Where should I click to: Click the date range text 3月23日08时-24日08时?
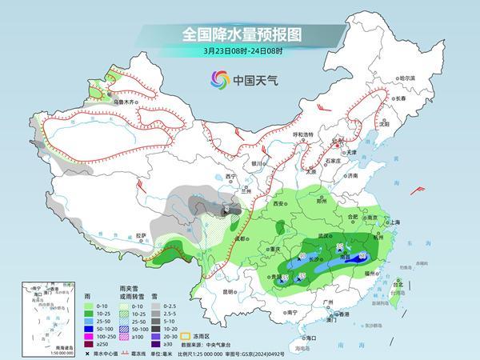click(239, 52)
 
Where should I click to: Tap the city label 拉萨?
click(141, 235)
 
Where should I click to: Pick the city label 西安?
click(278, 205)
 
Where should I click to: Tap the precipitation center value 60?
click(364, 255)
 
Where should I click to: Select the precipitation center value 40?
click(302, 256)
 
